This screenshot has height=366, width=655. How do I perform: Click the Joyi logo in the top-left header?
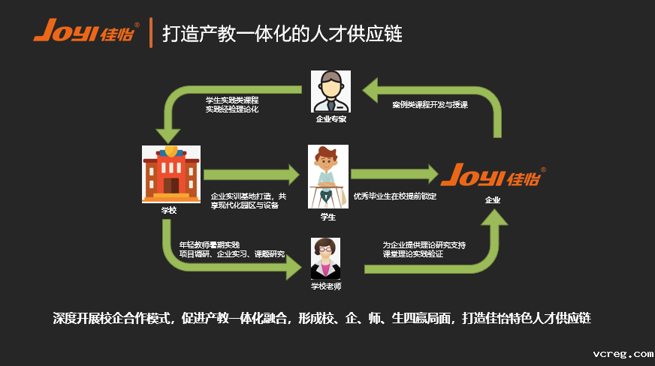pos(86,34)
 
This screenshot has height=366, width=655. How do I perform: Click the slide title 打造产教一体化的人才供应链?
pos(282,34)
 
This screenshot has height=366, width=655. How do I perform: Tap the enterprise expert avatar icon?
pos(331,91)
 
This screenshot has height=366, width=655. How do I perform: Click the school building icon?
pos(171,174)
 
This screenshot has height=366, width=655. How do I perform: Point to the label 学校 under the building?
pos(169,210)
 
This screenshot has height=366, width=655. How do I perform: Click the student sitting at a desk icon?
pos(328,176)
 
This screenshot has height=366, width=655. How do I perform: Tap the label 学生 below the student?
pos(328,217)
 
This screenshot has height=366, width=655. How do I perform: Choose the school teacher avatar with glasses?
pos(325,258)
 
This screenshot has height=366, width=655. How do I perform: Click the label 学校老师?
pos(325,286)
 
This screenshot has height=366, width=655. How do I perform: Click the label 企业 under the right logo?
pos(493,200)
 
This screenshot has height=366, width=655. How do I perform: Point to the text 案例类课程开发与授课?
pos(430,106)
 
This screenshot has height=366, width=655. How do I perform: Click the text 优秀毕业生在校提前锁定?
pos(395,196)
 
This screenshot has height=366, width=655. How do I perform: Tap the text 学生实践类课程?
pos(232,100)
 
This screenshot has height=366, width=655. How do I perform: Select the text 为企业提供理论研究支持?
pos(424,244)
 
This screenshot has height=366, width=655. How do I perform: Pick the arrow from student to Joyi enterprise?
pos(394,175)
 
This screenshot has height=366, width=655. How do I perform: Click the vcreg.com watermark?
pos(623,353)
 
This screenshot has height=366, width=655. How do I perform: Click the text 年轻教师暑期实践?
pos(209,244)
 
